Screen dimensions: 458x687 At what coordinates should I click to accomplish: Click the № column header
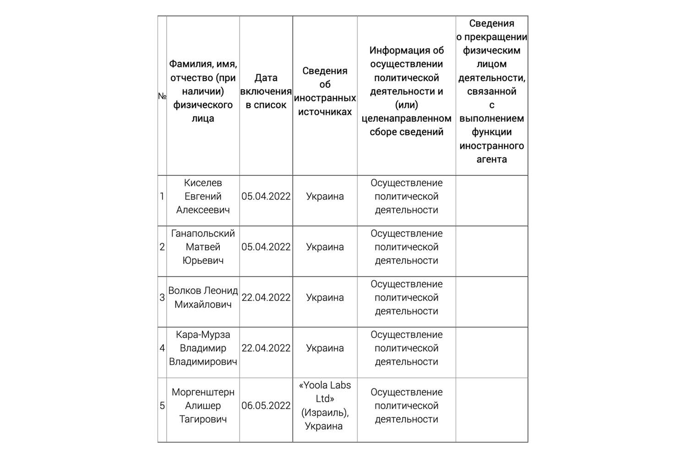[162, 96]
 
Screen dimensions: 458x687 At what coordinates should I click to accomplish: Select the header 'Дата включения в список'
[266, 92]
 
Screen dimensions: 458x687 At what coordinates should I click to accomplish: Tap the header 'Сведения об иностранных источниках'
[325, 92]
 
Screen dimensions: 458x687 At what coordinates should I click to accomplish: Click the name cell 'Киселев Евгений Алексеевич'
[203, 196]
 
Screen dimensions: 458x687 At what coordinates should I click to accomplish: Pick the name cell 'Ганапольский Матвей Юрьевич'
[203, 247]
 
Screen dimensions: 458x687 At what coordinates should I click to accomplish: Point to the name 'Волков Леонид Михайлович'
[203, 298]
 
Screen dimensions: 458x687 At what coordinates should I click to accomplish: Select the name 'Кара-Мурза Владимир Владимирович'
[203, 348]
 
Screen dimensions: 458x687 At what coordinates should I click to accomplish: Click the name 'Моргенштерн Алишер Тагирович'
[203, 406]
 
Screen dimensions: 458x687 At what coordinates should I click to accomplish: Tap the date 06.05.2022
[266, 406]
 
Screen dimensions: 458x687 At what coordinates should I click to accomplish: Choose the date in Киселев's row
[266, 196]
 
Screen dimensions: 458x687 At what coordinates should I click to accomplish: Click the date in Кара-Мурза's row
[266, 348]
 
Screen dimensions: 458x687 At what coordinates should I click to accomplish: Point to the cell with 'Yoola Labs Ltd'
[325, 392]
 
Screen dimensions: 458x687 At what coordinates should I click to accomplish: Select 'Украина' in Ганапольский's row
[325, 247]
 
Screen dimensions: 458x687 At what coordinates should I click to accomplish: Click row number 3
[162, 298]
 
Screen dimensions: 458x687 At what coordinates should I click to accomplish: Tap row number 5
[162, 406]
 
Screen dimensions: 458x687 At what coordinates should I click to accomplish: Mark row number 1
[162, 196]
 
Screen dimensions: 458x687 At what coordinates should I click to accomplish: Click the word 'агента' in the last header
[491, 159]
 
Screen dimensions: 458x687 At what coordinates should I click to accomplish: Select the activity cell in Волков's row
[406, 298]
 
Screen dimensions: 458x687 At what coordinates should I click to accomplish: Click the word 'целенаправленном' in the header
[406, 119]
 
